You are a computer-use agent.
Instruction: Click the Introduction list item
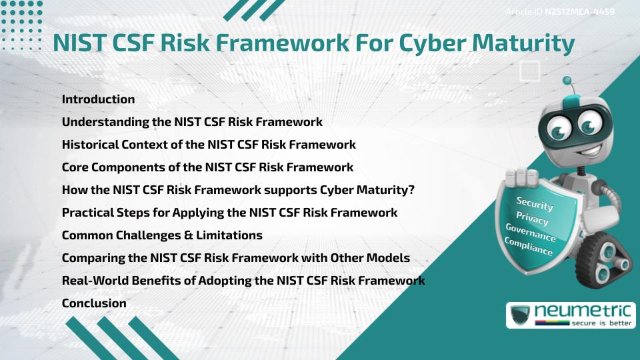98,99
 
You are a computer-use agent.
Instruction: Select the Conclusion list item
94,303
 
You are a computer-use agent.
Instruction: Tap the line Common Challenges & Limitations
162,235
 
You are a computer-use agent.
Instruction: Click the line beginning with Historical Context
209,145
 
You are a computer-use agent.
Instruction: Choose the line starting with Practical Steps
229,213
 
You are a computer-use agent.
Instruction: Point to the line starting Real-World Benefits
243,281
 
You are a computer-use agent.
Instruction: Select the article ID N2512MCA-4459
579,12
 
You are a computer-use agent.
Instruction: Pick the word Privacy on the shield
532,218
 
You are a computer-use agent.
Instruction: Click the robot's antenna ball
567,81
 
